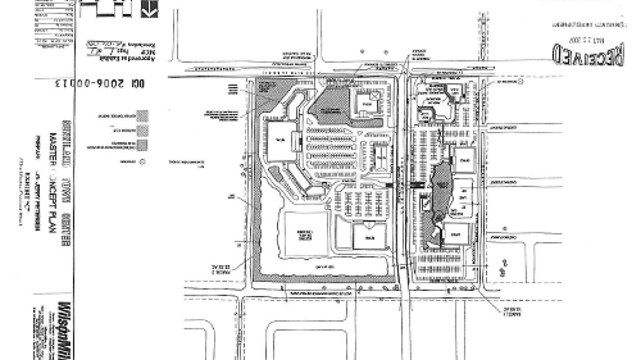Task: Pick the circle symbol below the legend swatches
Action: (x=142, y=161)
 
